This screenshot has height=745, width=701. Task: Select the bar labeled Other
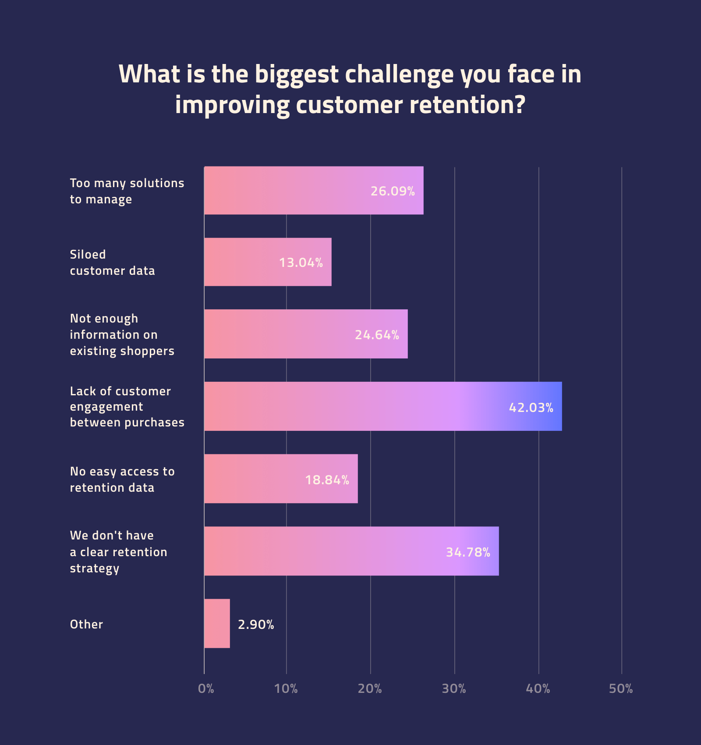217,623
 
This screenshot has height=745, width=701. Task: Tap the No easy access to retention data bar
254,479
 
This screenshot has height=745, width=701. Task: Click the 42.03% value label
531,408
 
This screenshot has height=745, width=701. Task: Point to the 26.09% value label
393,191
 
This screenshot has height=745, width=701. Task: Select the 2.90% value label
256,624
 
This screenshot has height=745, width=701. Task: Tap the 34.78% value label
468,552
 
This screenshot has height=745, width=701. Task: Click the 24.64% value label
377,335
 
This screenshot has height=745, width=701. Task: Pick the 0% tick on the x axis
206,689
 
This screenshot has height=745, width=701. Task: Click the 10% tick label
286,689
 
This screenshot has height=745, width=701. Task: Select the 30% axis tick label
454,689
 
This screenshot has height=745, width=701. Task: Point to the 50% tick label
621,689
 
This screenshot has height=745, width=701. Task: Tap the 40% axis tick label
538,689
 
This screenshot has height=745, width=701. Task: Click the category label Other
86,624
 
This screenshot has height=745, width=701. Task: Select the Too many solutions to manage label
127,191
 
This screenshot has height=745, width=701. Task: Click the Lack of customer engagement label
127,407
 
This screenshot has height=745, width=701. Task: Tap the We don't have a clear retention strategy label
118,552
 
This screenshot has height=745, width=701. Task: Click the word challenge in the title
399,74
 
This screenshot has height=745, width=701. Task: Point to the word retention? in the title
467,105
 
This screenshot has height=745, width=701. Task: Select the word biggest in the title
297,74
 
